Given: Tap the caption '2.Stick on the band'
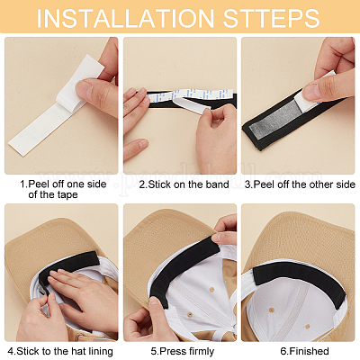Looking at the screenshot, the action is coord(184,184).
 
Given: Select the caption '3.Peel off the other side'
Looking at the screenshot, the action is coord(300,184).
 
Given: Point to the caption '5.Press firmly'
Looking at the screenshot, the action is coord(183,351).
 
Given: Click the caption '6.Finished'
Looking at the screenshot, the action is coord(304,351).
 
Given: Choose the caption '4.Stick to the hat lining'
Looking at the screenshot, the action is coord(60,351).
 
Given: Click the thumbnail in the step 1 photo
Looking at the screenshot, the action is coord(84,88).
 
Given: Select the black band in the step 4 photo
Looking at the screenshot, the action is coord(72,263).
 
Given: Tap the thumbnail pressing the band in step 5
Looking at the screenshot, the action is coord(155,301).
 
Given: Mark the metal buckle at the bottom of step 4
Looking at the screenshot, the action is coord(78,337).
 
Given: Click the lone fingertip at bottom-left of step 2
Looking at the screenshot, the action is coord(137,149).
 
